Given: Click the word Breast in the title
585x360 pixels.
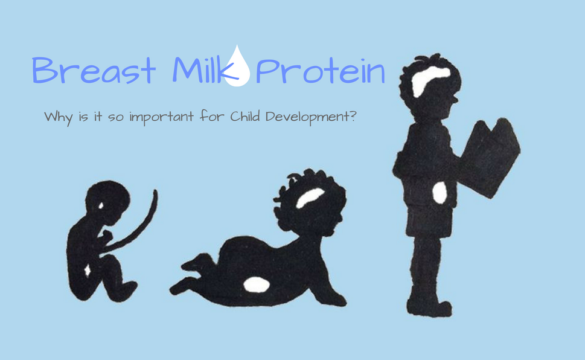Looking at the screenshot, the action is click(93, 70).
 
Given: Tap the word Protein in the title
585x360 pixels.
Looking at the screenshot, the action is click(320, 70).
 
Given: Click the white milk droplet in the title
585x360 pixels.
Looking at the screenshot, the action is click(237, 67).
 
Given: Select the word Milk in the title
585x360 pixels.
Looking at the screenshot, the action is click(205, 69).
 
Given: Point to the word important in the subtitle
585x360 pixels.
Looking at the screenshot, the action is click(162, 117).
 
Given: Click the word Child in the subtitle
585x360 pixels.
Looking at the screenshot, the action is click(245, 116).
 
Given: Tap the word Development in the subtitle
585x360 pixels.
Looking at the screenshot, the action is click(307, 117).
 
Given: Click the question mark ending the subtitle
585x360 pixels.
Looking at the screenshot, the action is click(353, 115).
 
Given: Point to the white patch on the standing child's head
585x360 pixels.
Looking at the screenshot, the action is click(429, 80).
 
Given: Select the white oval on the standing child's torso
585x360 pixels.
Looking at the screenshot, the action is click(440, 192).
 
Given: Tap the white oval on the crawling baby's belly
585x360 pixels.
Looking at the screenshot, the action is click(257, 285).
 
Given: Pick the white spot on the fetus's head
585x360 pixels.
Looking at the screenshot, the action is click(101, 205).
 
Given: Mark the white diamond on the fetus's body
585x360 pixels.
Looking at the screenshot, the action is click(88, 269).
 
